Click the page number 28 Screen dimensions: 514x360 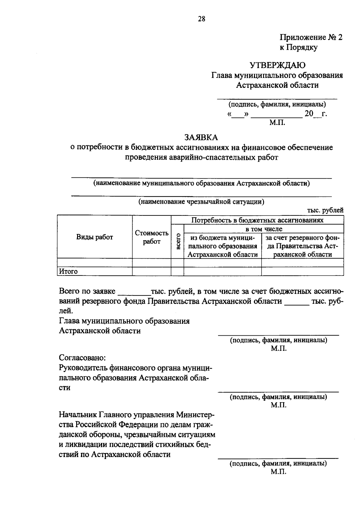point(201,19)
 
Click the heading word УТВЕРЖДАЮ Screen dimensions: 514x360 point(277,65)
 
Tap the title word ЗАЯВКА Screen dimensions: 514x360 point(201,137)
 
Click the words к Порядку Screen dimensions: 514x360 point(298,47)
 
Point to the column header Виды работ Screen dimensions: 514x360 point(94,237)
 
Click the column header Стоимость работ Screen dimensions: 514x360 point(151,237)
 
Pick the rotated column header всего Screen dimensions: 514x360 point(178,242)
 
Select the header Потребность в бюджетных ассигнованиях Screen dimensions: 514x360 point(257,220)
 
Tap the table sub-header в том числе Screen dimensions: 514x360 point(264,229)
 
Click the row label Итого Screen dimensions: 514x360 point(68,272)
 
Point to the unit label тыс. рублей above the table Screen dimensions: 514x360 point(325,210)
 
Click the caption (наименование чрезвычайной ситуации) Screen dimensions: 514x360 point(201,201)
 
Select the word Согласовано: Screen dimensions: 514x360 point(82,358)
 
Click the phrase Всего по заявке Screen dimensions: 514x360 point(87,291)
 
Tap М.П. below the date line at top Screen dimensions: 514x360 point(277,122)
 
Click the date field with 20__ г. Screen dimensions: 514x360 point(315,114)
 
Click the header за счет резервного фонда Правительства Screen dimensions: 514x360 point(303,246)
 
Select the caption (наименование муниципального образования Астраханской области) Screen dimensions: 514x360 point(201,183)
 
